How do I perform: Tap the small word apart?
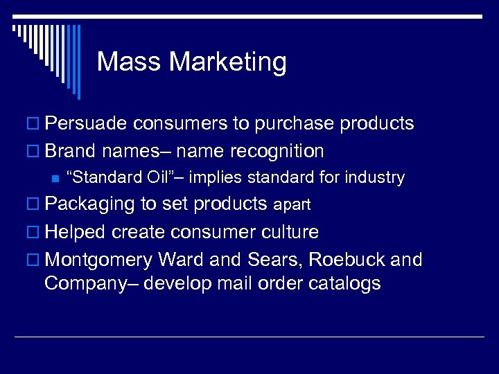(x=292, y=206)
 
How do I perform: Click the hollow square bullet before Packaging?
(x=36, y=205)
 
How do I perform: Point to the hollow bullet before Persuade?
(x=36, y=125)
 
